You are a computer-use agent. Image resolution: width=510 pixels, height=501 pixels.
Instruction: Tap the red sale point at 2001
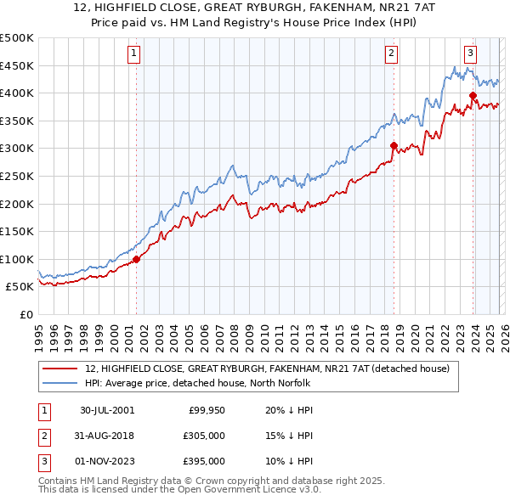(x=136, y=259)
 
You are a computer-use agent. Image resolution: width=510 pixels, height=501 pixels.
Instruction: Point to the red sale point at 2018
(x=394, y=146)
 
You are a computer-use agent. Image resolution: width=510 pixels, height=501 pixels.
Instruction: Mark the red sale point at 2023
(x=473, y=96)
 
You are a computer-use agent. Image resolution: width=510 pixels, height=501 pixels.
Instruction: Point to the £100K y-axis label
(x=17, y=259)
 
